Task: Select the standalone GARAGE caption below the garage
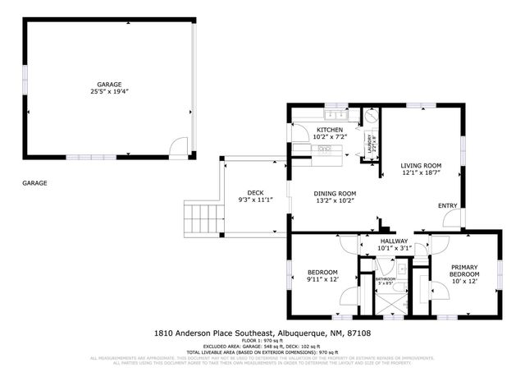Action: click(x=34, y=183)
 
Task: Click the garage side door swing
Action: click(x=176, y=147)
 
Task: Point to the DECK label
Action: click(x=253, y=192)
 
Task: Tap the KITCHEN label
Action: click(x=330, y=130)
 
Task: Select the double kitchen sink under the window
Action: click(x=324, y=149)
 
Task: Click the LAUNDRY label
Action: click(x=372, y=145)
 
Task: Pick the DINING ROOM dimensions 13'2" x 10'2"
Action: click(x=334, y=200)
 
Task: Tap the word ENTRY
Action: click(x=448, y=206)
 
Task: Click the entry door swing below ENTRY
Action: click(x=450, y=218)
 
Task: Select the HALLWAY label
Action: click(x=393, y=241)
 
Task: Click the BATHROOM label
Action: click(x=386, y=279)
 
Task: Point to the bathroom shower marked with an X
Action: click(x=384, y=301)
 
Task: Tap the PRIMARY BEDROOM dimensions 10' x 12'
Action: click(x=463, y=280)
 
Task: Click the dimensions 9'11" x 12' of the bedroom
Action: click(x=322, y=279)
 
